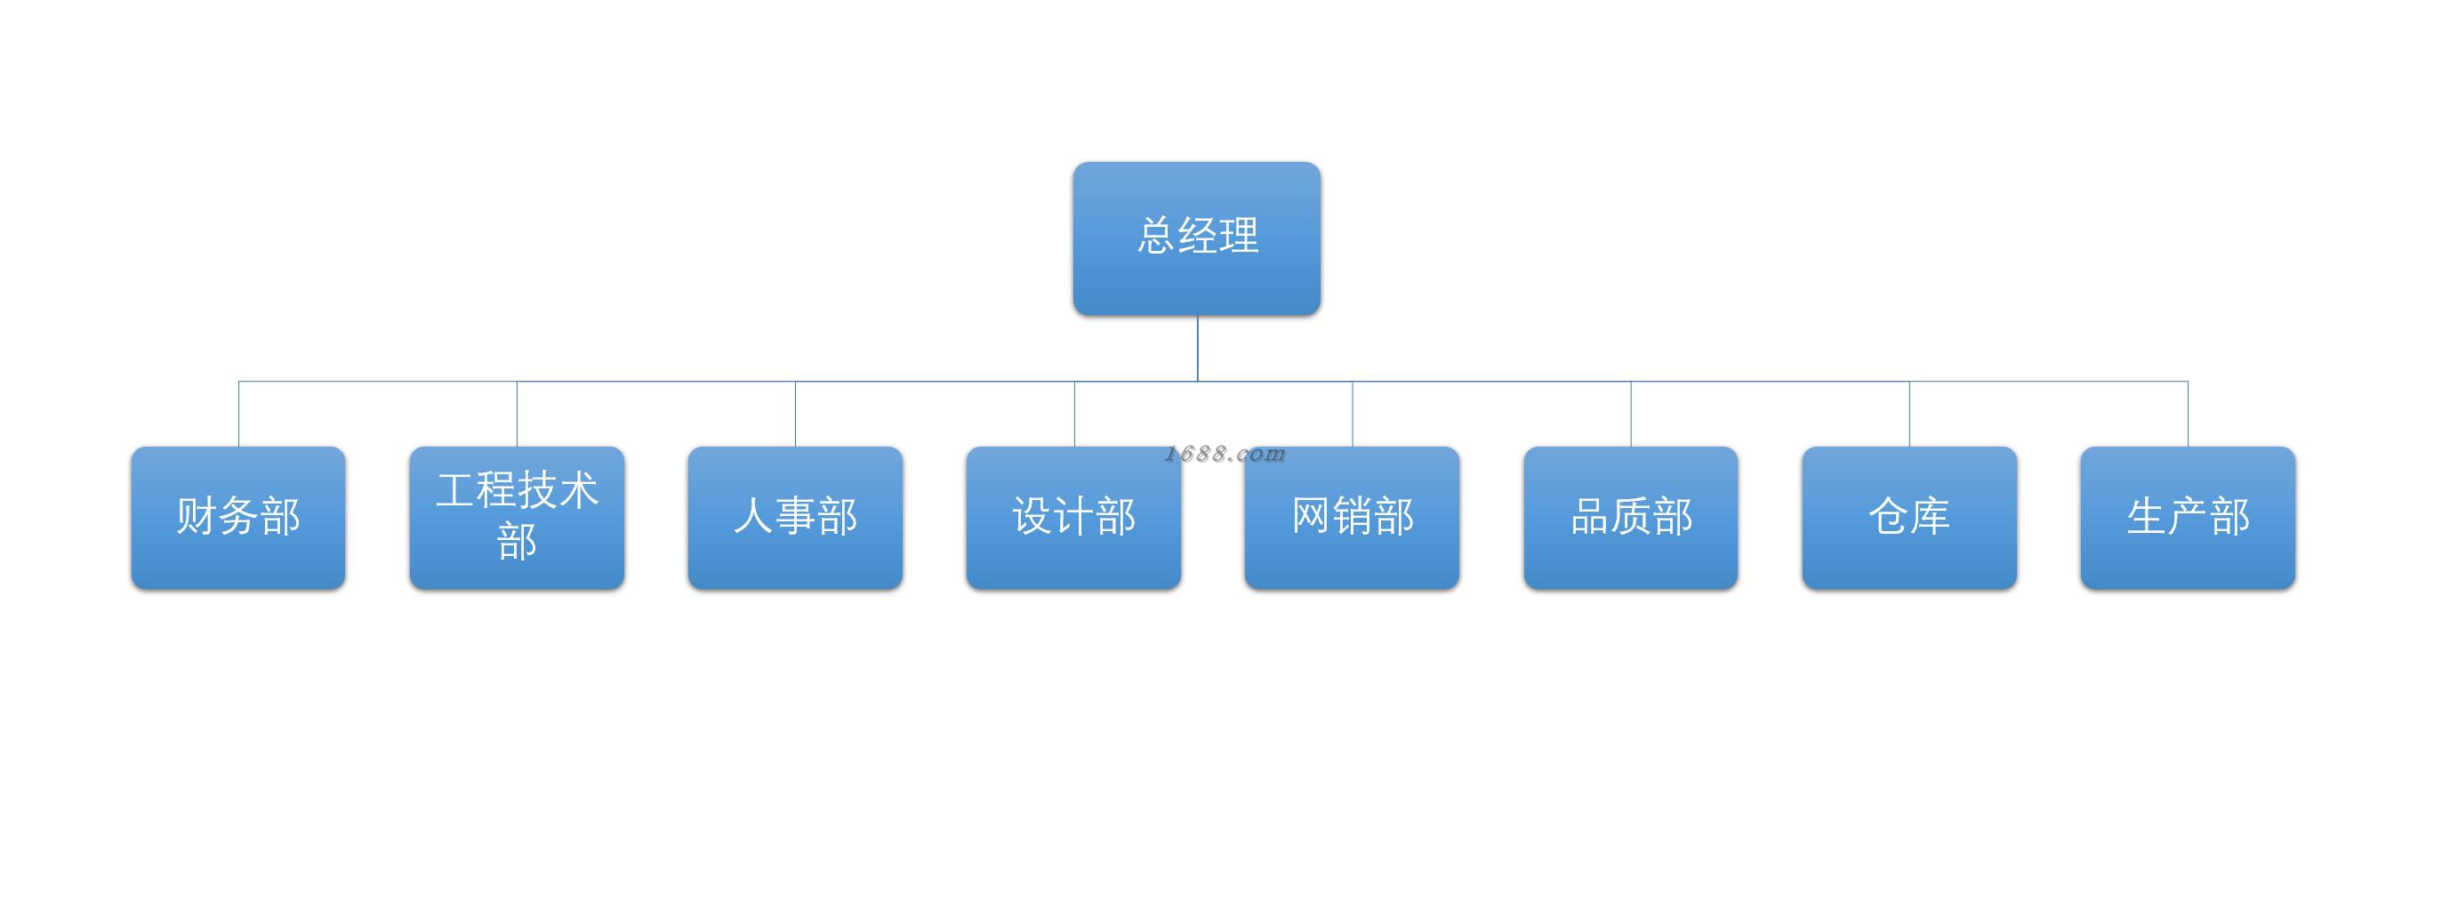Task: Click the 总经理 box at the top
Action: tap(1196, 238)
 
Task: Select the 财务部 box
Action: tap(238, 518)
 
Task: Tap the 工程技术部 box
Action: tap(518, 518)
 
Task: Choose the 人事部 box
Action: tap(795, 518)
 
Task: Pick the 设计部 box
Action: tap(1073, 518)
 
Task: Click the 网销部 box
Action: tap(1353, 518)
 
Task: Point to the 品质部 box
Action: tap(1631, 518)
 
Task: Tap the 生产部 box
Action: tap(2189, 518)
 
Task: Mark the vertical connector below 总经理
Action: tap(1197, 348)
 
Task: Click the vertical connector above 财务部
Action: tap(238, 414)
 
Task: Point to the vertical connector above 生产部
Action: tap(2189, 414)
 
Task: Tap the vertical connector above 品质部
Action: tap(1631, 414)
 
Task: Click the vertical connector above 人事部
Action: tap(795, 414)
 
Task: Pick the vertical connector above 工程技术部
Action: tap(518, 414)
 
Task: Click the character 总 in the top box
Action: tap(1155, 236)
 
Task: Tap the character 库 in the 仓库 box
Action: tap(1931, 517)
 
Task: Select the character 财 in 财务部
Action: tap(197, 517)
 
